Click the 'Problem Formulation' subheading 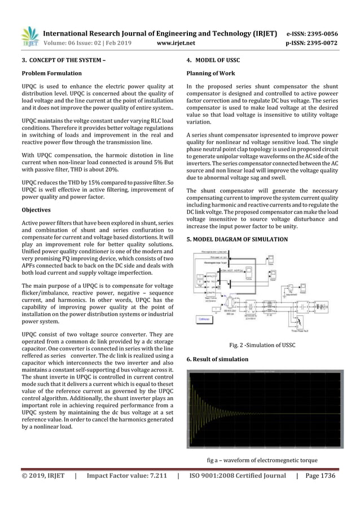(x=51, y=73)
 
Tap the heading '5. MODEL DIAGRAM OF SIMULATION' (x=237, y=240)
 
